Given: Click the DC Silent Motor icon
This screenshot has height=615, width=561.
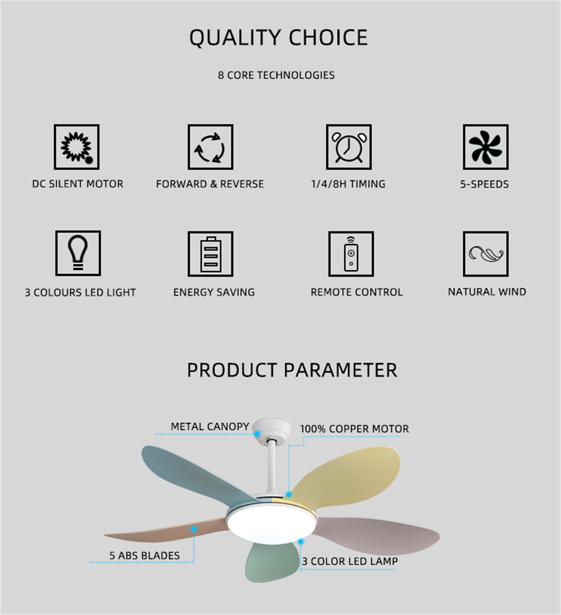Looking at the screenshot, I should (x=77, y=147).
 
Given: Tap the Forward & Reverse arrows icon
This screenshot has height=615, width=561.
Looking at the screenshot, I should (x=210, y=147).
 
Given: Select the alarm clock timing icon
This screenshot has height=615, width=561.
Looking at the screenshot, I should (x=349, y=147).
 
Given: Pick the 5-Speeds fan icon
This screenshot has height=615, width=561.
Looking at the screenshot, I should (x=486, y=147).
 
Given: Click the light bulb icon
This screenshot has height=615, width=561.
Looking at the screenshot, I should (x=78, y=253).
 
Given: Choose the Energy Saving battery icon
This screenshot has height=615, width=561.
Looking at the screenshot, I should (x=210, y=253).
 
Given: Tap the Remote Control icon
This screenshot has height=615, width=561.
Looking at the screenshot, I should (x=351, y=253).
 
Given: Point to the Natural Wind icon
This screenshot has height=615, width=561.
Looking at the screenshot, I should (x=486, y=253).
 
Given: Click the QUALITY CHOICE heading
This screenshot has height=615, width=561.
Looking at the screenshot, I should (x=279, y=37).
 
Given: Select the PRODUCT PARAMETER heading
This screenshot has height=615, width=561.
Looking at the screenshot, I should (x=292, y=370).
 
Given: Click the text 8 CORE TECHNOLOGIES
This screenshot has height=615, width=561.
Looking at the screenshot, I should (x=276, y=75).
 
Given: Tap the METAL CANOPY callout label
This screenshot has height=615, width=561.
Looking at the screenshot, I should (x=210, y=427).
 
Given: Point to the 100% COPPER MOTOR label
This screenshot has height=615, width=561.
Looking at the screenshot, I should (x=354, y=428).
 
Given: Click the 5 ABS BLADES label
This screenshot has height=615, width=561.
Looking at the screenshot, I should (x=144, y=556).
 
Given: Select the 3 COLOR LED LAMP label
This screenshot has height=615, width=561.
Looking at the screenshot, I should (x=350, y=561).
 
